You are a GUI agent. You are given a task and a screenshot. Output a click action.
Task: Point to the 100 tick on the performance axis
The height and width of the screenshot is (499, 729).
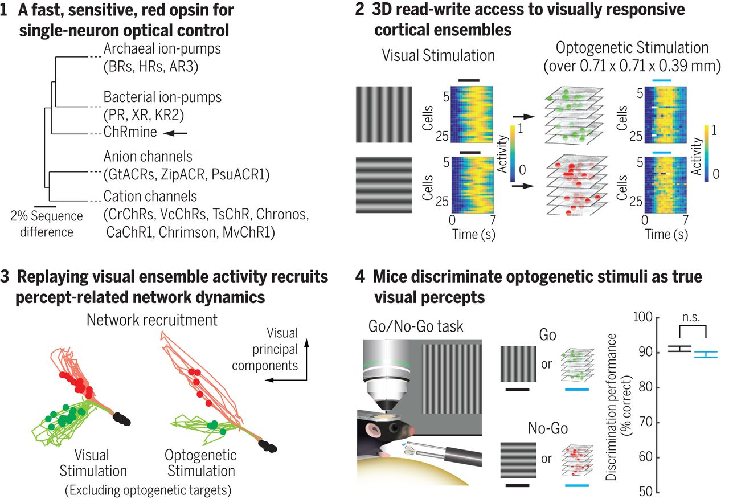pos(645,317)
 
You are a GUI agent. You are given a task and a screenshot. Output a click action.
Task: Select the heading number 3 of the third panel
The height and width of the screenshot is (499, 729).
pos(5,277)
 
